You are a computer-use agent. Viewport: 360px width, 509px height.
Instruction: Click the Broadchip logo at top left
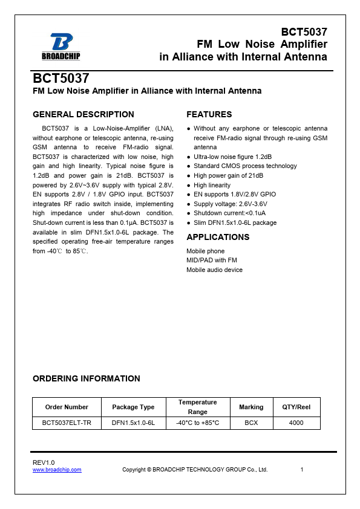coord(61,46)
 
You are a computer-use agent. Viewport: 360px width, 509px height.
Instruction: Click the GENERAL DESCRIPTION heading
coord(83,114)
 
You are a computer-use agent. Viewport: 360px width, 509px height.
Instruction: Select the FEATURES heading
coord(209,114)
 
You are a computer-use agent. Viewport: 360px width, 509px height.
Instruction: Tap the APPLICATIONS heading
coord(217,237)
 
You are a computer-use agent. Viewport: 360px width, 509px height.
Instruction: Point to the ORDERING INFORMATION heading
coord(86,378)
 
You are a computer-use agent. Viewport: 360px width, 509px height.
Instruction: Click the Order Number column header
coord(67,407)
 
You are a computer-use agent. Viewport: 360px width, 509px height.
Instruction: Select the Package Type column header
coord(133,407)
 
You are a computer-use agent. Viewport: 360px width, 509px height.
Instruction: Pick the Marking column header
coord(251,407)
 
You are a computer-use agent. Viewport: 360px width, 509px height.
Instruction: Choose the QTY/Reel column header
coord(296,407)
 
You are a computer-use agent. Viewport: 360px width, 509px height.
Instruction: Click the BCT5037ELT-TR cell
coord(67,423)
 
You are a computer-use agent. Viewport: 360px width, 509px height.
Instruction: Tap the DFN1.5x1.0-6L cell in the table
coord(133,423)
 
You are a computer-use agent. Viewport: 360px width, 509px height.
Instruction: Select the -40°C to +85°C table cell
coord(197,423)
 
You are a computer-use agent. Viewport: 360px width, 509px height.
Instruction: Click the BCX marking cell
coord(251,423)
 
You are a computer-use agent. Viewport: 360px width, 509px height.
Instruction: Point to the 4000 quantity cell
coord(296,423)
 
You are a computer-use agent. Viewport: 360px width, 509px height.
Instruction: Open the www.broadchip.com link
coord(57,470)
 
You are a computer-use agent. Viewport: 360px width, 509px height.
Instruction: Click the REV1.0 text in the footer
coord(44,462)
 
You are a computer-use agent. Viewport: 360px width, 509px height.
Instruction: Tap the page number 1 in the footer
coord(302,470)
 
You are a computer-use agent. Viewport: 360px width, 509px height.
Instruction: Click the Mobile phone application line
coord(205,251)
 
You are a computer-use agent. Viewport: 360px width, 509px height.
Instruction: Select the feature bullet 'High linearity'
coord(212,185)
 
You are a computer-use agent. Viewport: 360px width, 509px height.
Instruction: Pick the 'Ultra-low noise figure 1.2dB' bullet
coord(233,157)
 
